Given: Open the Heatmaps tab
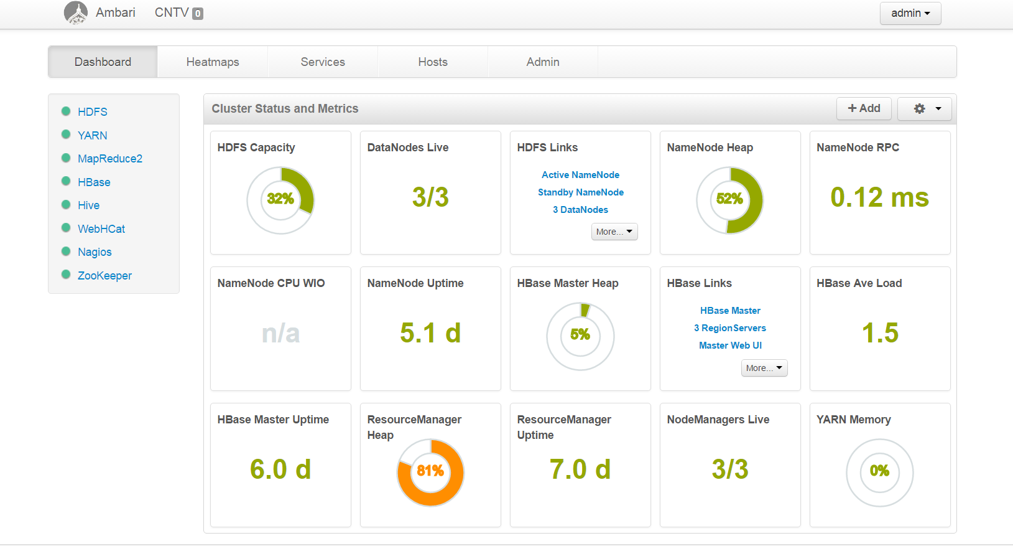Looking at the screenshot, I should (x=213, y=62).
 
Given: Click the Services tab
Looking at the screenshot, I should (x=323, y=62).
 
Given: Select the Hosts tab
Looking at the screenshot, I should (x=433, y=62).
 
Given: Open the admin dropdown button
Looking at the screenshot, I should (x=910, y=13).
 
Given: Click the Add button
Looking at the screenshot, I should (x=864, y=108).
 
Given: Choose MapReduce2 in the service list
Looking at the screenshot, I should (x=109, y=159).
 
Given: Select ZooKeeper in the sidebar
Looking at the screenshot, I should (x=104, y=275).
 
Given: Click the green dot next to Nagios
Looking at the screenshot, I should (x=66, y=252).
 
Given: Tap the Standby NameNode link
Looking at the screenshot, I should (x=580, y=192).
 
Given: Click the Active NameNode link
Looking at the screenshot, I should (x=580, y=175).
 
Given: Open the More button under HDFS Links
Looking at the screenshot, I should (x=614, y=232).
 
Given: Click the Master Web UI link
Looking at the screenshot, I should (x=730, y=346).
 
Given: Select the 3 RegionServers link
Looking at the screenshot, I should (x=730, y=328).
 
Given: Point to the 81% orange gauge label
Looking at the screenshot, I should (x=430, y=471).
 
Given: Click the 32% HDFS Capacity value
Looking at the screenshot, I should (x=280, y=199).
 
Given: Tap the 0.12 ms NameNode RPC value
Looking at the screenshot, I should (x=879, y=197).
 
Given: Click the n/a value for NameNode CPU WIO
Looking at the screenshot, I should (x=280, y=334).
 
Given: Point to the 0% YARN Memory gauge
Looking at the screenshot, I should (x=879, y=471).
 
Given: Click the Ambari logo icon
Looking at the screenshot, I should (x=76, y=12).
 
